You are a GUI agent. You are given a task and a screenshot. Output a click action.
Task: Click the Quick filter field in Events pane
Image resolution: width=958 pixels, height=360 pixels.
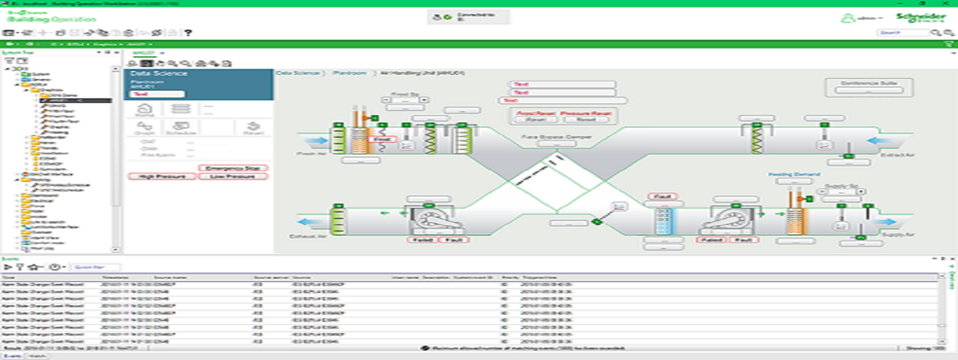tap(96, 267)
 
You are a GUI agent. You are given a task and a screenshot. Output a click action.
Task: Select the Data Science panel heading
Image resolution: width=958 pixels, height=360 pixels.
tap(159, 73)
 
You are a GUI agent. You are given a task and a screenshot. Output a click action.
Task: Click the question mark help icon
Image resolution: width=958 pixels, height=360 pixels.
tap(188, 33)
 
